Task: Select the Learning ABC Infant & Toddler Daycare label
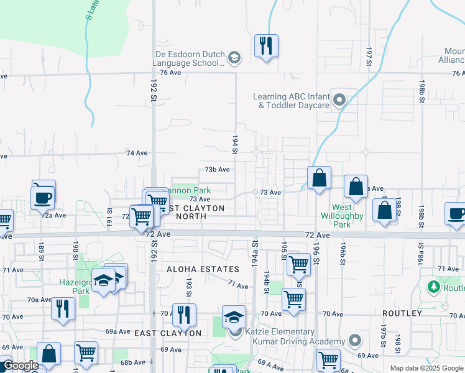(290, 101)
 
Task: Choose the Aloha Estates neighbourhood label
(203, 269)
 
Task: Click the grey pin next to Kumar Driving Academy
(354, 341)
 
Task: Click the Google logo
(21, 366)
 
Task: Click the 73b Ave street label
(218, 169)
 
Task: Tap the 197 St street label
(369, 54)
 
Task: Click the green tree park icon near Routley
(434, 287)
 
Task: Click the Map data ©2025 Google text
(426, 368)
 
